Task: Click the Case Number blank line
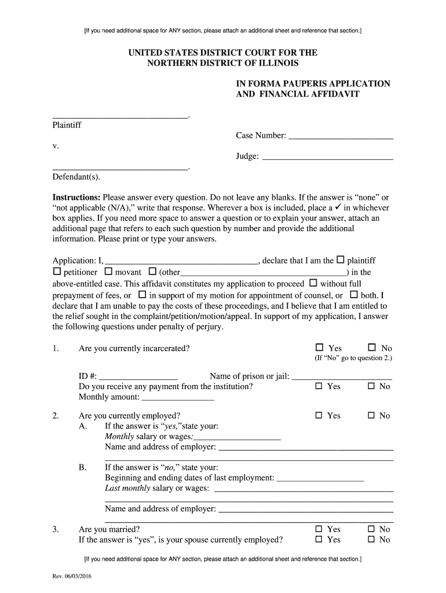[341, 137]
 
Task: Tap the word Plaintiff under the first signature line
[67, 125]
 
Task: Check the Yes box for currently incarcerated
[319, 347]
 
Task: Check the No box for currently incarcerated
[372, 347]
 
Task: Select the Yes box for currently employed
[319, 415]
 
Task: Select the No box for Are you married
[371, 529]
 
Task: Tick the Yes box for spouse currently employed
[319, 539]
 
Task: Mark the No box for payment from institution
[371, 386]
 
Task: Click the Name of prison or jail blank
[342, 377]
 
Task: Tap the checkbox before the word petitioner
[57, 272]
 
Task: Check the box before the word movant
[108, 272]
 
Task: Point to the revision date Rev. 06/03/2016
[72, 576]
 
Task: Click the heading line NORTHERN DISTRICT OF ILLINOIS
[222, 63]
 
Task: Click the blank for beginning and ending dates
[320, 479]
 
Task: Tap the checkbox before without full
[313, 283]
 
